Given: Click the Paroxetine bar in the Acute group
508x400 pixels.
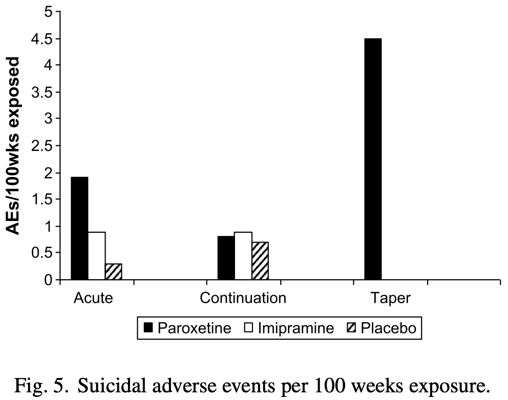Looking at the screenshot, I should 79,228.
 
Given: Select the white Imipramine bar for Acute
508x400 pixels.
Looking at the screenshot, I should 97,256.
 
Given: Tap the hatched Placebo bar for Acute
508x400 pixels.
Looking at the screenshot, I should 113,272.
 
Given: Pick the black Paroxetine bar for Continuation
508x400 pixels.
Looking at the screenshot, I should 226,258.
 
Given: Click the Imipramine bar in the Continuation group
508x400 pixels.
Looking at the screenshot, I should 243,256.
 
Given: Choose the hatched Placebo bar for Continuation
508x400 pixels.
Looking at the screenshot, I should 260,260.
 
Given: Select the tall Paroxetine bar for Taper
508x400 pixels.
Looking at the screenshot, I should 373,159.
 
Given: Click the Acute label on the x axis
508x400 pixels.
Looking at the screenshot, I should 93,298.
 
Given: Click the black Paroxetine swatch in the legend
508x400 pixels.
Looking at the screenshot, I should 149,328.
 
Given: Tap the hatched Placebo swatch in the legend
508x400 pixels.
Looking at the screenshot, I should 352,328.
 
